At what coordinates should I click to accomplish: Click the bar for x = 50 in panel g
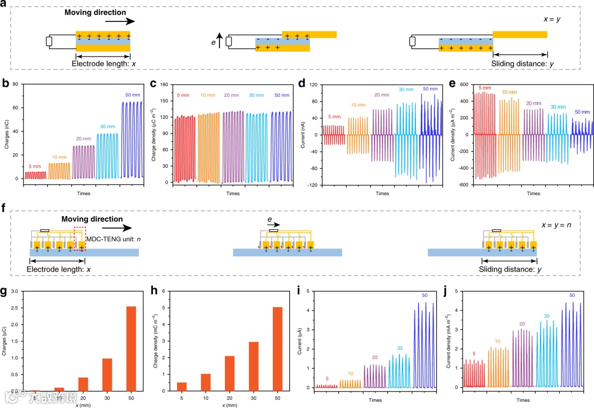pos(132,348)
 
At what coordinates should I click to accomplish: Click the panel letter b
pos(5,85)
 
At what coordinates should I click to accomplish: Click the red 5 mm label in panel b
pos(34,166)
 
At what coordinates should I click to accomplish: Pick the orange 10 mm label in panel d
pos(358,105)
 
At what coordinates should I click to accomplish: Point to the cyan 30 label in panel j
pos(547,316)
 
